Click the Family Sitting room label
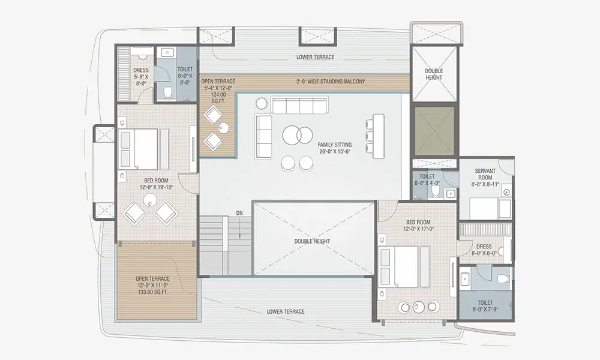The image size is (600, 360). point(334,148)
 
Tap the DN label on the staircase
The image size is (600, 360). point(239,213)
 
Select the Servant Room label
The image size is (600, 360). point(485,178)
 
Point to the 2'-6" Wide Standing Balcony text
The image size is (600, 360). point(331,82)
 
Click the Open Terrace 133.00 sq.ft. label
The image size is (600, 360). point(152,286)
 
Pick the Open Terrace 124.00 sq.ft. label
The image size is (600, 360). point(218,91)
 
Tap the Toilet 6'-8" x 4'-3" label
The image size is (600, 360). point(427,179)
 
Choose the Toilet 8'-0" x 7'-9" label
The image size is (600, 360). point(485,305)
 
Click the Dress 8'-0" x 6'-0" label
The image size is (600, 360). point(484,250)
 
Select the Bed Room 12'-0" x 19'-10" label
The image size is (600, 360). point(156,184)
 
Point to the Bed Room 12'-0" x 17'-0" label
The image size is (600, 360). point(418,226)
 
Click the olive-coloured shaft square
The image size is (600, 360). point(434,131)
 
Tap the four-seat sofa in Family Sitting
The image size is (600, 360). point(299,105)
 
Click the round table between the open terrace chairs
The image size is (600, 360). point(223,127)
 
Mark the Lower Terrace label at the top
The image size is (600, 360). point(316,57)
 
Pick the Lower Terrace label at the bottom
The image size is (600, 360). point(286,311)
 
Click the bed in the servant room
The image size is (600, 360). point(490,208)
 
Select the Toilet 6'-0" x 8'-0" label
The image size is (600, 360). point(185,76)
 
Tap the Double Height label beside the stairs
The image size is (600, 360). point(312,241)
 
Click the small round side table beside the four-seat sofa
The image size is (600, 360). point(262,103)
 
